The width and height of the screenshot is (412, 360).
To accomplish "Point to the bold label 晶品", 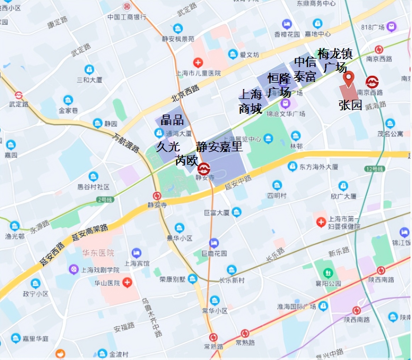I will click(172, 120).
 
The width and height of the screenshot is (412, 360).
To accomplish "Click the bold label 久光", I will click(168, 146).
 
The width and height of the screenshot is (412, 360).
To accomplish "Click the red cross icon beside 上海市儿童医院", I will click(198, 63).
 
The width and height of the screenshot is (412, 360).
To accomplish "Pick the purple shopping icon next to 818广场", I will click(391, 26).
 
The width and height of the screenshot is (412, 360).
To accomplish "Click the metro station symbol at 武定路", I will click(18, 95).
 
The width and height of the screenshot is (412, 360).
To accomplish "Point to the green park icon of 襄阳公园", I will click(328, 273).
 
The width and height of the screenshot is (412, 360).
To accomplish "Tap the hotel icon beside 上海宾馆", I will click(136, 253).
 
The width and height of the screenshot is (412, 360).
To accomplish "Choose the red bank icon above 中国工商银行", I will click(126, 6).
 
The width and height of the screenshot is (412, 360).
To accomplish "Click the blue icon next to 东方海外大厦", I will click(292, 166).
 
